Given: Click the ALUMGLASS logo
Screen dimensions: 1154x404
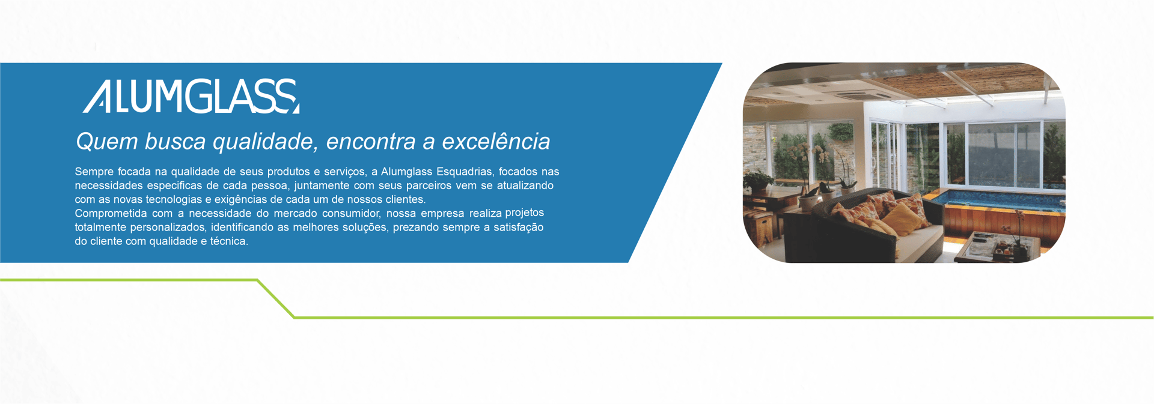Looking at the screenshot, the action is (x=191, y=96).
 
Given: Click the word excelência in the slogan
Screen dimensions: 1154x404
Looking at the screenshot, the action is (x=496, y=142).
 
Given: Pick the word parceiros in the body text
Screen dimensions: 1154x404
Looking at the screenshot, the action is (x=428, y=186).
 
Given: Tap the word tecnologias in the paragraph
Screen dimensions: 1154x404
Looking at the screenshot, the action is (x=174, y=200).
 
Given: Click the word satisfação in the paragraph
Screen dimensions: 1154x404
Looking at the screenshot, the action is (x=519, y=228).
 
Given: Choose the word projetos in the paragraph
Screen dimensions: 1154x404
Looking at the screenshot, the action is (x=525, y=213).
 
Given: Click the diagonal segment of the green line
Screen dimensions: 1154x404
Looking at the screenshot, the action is (x=276, y=298).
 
